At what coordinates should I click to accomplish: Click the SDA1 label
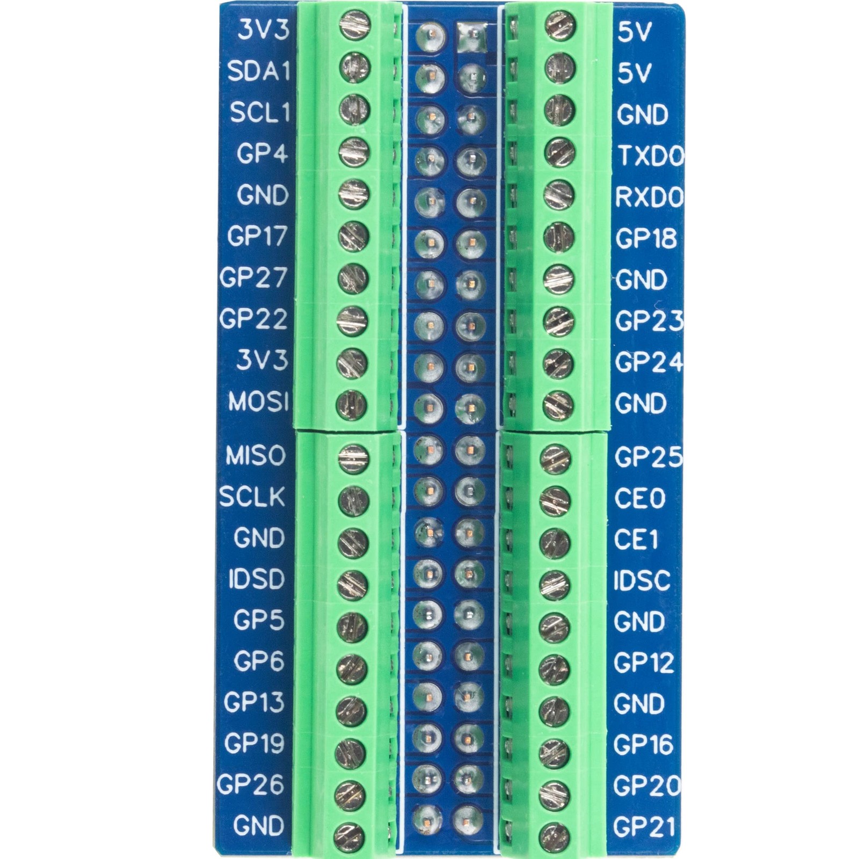pyautogui.click(x=258, y=71)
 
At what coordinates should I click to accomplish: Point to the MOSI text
pyautogui.click(x=258, y=402)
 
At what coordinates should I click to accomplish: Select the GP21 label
pyautogui.click(x=644, y=827)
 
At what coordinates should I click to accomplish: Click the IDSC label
pyautogui.click(x=642, y=580)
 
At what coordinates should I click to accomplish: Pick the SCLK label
pyautogui.click(x=252, y=497)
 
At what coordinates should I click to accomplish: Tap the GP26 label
pyautogui.click(x=250, y=785)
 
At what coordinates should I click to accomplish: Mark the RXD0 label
pyautogui.click(x=649, y=198)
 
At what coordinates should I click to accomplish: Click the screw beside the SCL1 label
pyautogui.click(x=354, y=109)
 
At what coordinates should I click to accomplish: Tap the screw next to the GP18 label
pyautogui.click(x=558, y=237)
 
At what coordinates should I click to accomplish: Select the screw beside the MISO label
pyautogui.click(x=354, y=458)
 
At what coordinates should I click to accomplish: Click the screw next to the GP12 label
pyautogui.click(x=554, y=667)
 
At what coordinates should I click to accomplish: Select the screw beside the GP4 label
pyautogui.click(x=354, y=151)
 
